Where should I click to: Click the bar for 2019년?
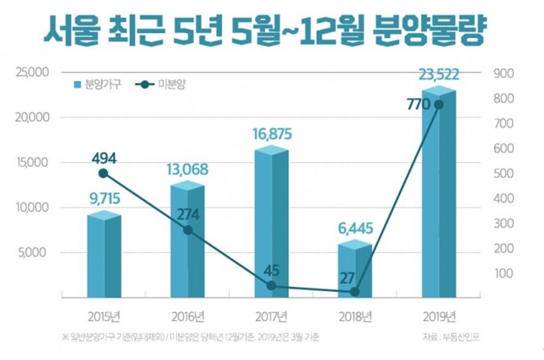click(x=438, y=203)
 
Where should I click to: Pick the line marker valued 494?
click(x=103, y=174)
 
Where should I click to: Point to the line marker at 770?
click(x=438, y=105)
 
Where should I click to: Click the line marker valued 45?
click(x=270, y=286)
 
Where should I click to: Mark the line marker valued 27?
click(x=355, y=291)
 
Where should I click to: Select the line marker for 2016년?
click(x=188, y=230)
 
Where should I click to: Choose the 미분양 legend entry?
click(x=162, y=84)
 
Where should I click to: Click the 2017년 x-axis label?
click(x=270, y=315)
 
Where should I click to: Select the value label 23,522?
click(x=439, y=75)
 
